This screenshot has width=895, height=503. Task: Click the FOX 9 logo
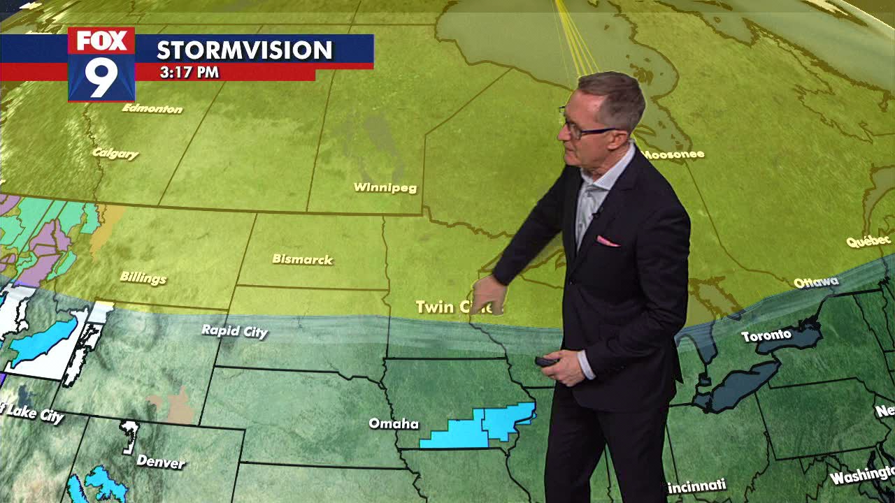click(101, 64)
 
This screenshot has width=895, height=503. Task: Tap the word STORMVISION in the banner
click(244, 50)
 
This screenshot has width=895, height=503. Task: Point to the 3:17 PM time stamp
click(189, 72)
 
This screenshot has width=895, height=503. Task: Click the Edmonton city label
click(152, 108)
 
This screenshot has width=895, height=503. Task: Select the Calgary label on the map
click(115, 153)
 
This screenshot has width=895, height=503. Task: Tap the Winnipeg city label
click(385, 187)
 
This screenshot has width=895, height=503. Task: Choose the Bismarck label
click(302, 259)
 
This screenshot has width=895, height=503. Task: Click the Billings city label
click(143, 277)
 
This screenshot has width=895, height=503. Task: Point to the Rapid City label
click(234, 330)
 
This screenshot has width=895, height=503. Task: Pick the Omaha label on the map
click(394, 423)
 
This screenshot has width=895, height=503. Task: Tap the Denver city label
click(161, 461)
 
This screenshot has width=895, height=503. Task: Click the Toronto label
click(766, 336)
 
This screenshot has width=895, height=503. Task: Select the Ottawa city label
click(815, 282)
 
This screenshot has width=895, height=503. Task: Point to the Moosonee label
click(672, 154)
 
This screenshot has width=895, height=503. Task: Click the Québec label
click(868, 241)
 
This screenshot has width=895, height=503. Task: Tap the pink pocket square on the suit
click(606, 242)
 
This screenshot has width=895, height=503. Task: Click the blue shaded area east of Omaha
click(482, 426)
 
